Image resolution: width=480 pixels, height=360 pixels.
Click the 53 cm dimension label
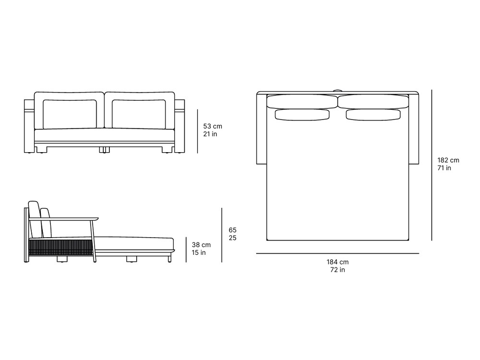pyautogui.click(x=213, y=126)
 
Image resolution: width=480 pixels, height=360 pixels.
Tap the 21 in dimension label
pyautogui.click(x=210, y=134)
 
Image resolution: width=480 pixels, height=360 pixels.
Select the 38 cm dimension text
pyautogui.click(x=201, y=245)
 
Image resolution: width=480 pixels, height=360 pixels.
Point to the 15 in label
pyautogui.click(x=199, y=252)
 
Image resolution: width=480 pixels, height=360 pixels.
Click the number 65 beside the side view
pyautogui.click(x=232, y=230)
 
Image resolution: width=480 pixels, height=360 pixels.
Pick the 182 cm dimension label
pyautogui.click(x=448, y=160)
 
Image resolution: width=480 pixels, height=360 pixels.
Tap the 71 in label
pyautogui.click(x=444, y=168)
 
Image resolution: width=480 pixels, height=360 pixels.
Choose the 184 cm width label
pyautogui.click(x=337, y=262)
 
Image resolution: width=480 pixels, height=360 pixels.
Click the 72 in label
pyautogui.click(x=337, y=270)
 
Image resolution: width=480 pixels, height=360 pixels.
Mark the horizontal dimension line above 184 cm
pyautogui.click(x=337, y=253)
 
